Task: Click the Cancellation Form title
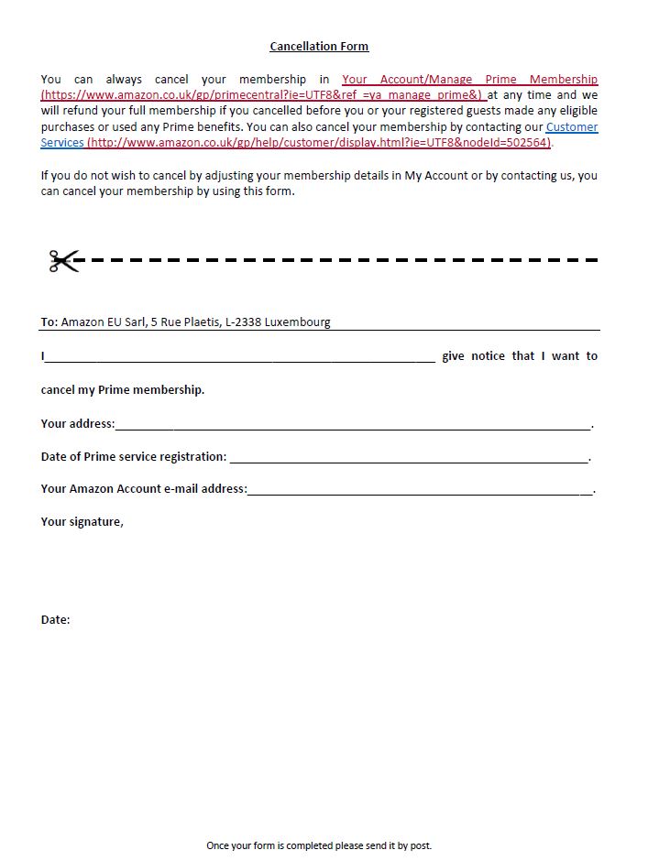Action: point(319,46)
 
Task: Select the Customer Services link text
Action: point(571,127)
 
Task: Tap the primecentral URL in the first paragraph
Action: point(261,95)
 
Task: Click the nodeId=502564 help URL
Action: point(319,143)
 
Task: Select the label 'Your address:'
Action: point(78,423)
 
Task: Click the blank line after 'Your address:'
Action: point(353,425)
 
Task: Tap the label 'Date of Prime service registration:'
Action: point(134,456)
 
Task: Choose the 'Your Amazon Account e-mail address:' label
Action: point(144,488)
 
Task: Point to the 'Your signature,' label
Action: point(82,521)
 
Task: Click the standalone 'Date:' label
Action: point(55,620)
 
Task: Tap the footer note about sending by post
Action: point(319,845)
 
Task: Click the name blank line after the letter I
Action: point(240,358)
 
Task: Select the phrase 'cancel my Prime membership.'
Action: point(123,389)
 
